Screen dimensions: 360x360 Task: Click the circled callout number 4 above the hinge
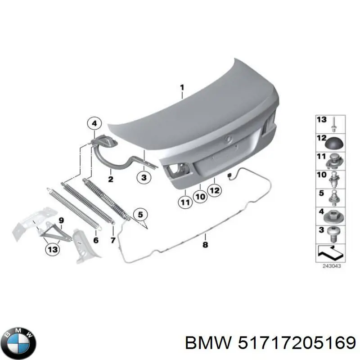tap(94, 122)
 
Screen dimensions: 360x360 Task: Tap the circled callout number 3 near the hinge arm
tap(144, 178)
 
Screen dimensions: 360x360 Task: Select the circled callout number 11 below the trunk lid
tap(185, 202)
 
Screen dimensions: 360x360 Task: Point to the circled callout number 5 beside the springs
tap(140, 214)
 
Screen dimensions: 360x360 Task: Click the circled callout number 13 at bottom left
tap(52, 250)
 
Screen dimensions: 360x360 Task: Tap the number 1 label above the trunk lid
tap(182, 87)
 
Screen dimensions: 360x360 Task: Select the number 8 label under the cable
tap(205, 245)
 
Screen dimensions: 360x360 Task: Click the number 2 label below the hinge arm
tap(110, 179)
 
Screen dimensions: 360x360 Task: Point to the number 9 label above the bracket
tap(62, 220)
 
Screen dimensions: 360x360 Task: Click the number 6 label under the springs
tap(95, 240)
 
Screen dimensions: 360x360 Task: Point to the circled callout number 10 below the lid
tap(200, 197)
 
